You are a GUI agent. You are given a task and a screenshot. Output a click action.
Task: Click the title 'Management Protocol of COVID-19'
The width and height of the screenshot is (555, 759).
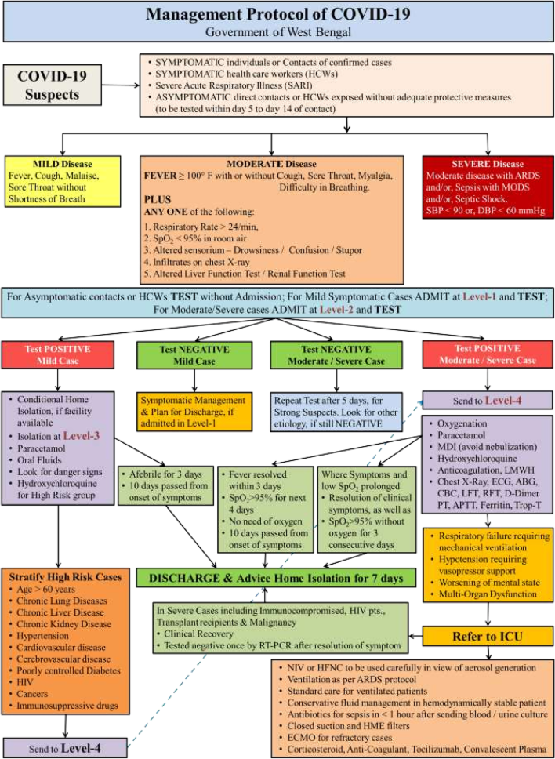pyautogui.click(x=277, y=15)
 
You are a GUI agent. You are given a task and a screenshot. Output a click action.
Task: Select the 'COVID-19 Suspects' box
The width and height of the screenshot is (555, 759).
pyautogui.click(x=53, y=85)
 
